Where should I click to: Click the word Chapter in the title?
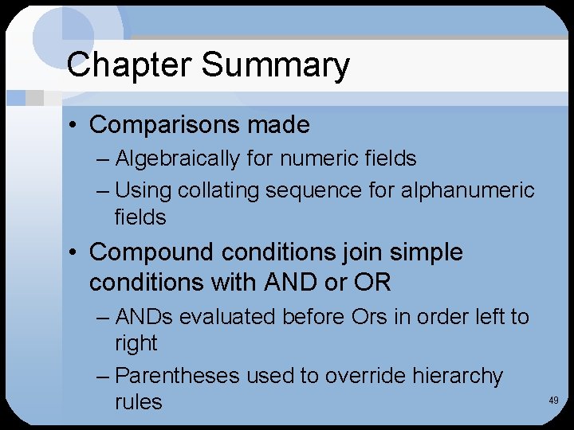[x=124, y=65]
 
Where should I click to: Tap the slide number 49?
[x=553, y=401]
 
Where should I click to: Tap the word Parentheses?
[x=178, y=376]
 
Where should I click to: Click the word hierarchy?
[x=458, y=376]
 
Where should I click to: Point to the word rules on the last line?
[x=138, y=402]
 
